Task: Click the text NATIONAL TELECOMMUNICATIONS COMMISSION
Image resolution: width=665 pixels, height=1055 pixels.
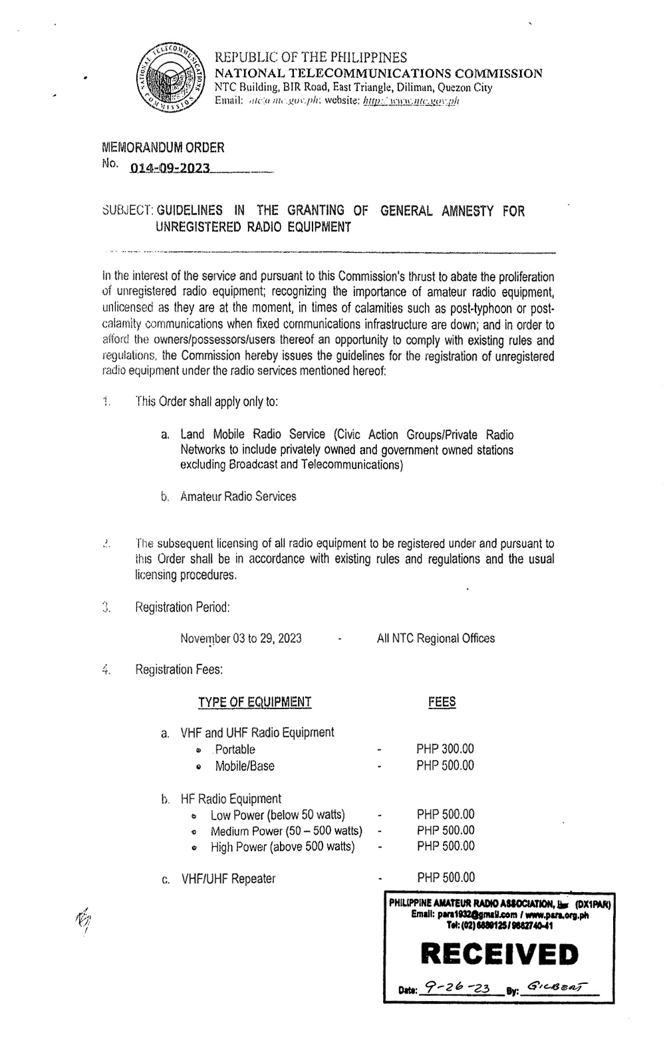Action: coord(378,73)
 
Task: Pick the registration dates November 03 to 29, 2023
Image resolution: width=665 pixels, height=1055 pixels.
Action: coord(241,639)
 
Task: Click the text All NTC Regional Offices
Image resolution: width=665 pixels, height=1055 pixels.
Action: coord(436,639)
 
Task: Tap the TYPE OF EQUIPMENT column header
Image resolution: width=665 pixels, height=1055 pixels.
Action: coord(254,702)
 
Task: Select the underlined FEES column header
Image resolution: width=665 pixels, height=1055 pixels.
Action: coord(442,702)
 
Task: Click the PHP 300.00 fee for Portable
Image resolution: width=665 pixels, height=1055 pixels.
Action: coord(445,749)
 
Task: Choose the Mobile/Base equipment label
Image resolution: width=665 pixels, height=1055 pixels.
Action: coord(244,766)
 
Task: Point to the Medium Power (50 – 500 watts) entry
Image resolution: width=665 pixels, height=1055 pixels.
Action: coord(286,831)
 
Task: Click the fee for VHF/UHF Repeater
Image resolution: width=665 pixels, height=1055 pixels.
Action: coord(446,878)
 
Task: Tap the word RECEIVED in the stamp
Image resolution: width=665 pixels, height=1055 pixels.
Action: coord(500,955)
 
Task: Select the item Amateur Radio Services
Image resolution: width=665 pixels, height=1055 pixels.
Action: coord(238,496)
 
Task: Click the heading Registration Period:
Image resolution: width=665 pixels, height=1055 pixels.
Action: coord(182,607)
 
